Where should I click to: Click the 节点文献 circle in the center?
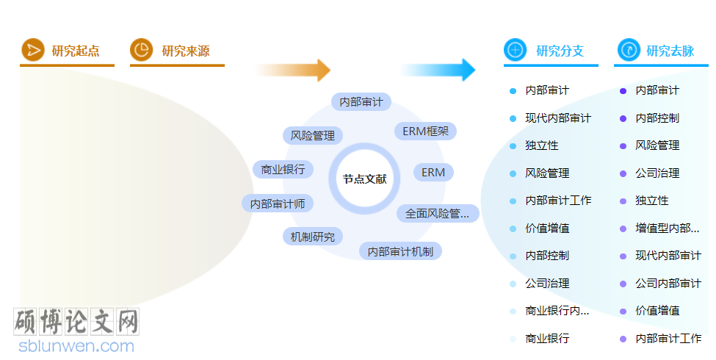click(x=364, y=179)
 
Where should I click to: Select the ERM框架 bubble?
click(x=425, y=132)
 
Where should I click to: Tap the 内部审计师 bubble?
click(x=278, y=204)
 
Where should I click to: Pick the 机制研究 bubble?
click(x=312, y=237)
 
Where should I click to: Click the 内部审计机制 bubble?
click(x=400, y=251)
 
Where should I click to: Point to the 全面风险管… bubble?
click(x=438, y=214)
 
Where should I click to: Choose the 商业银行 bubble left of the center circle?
click(x=283, y=169)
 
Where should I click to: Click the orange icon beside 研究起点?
click(x=32, y=50)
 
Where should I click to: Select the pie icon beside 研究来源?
click(x=141, y=50)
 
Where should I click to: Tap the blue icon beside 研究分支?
click(x=515, y=50)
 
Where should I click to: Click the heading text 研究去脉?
click(x=670, y=51)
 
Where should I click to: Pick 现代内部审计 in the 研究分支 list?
click(x=558, y=118)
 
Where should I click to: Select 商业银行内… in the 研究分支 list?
click(x=557, y=311)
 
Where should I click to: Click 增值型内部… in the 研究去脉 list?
click(x=668, y=228)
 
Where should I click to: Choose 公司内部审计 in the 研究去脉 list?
click(x=668, y=284)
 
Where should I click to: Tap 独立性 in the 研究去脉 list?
click(x=652, y=201)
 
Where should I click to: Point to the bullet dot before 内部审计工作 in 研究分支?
click(x=513, y=201)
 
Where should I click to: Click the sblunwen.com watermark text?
click(x=76, y=345)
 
